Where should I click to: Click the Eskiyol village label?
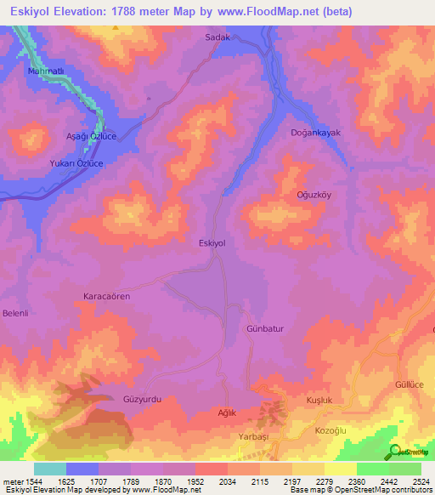(x=211, y=243)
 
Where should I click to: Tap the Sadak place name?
(x=218, y=37)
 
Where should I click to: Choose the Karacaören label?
(x=106, y=296)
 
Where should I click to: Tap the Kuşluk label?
(x=318, y=400)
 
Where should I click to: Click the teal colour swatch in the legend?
(x=49, y=469)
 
